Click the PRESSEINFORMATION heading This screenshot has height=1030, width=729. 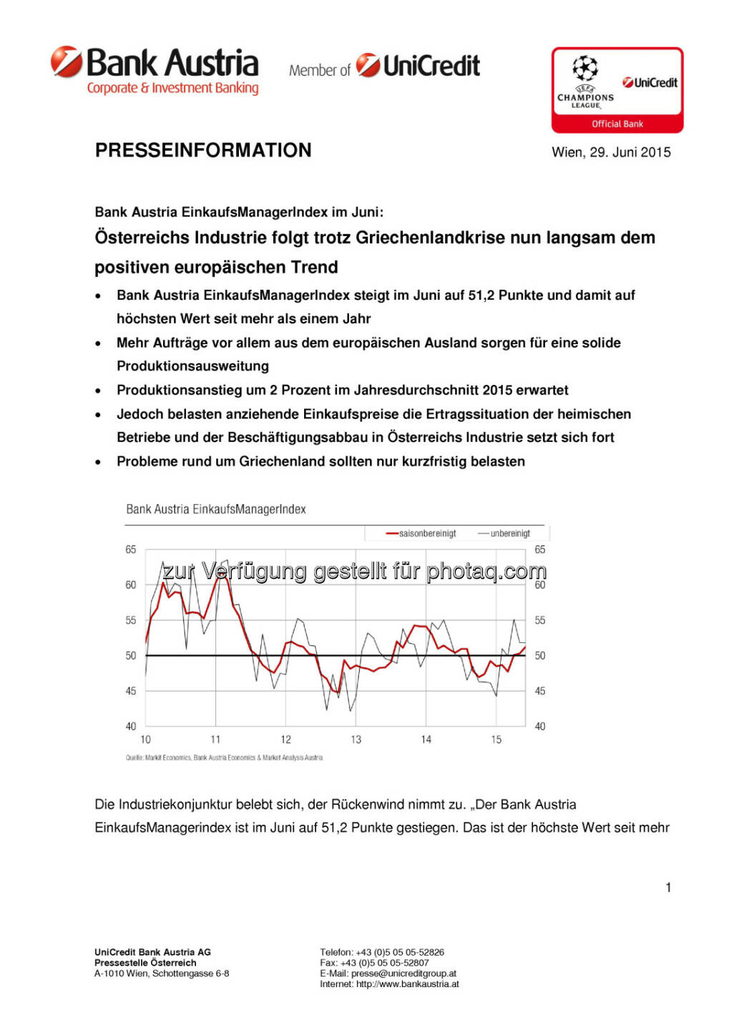point(203,150)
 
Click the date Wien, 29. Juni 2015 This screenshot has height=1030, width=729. point(611,152)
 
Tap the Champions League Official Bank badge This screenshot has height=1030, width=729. point(617,91)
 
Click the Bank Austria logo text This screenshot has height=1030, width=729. point(172,64)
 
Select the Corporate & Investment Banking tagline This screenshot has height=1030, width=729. point(172,88)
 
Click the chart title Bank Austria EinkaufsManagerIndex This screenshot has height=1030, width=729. point(216,509)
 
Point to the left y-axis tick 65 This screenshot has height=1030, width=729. point(131,549)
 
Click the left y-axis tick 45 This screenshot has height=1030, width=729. point(131,691)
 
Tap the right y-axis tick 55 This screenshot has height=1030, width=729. point(540,620)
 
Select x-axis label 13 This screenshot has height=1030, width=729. point(356,740)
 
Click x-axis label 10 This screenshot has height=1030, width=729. point(146,740)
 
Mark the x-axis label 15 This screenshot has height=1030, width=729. point(496,740)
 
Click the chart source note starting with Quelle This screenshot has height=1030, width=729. point(224,757)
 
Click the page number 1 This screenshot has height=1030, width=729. point(668,888)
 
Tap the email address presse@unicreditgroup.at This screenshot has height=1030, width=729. point(403,973)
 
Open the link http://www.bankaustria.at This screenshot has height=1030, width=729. point(408,984)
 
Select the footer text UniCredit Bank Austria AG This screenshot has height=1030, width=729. point(152,952)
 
